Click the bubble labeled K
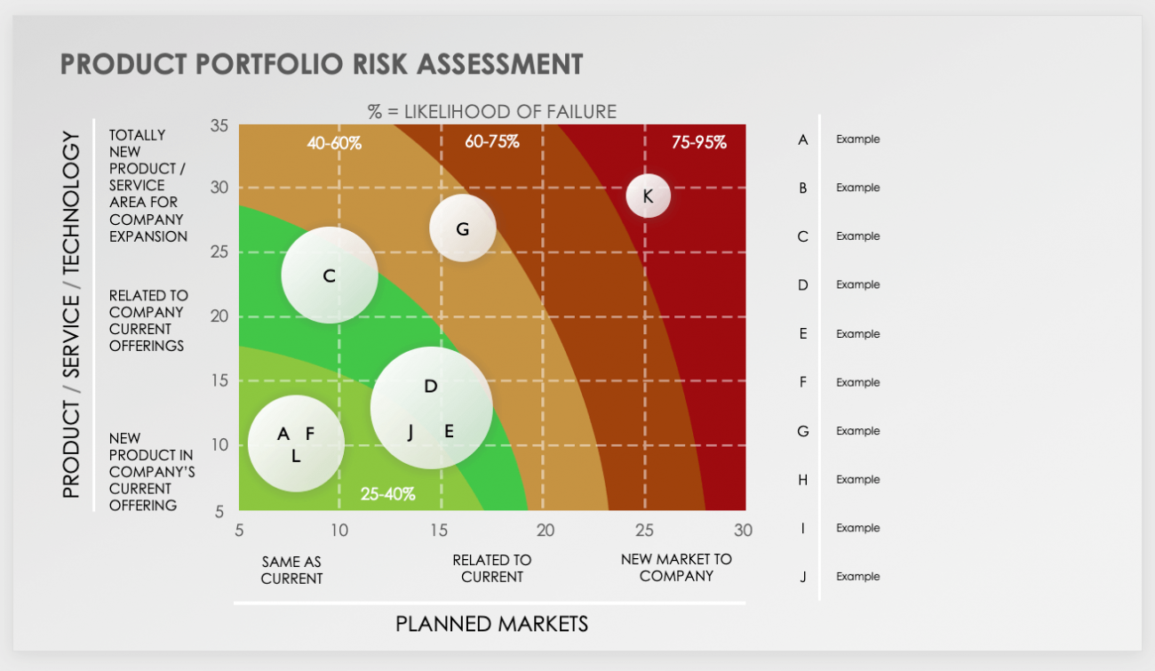click(x=648, y=196)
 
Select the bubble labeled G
click(x=462, y=228)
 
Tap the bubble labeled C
click(x=330, y=276)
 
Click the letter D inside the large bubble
click(x=431, y=386)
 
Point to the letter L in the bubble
click(x=296, y=456)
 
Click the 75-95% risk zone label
click(x=698, y=142)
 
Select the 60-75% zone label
click(x=491, y=141)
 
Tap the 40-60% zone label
click(x=334, y=142)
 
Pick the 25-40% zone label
click(x=387, y=494)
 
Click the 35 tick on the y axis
click(x=219, y=125)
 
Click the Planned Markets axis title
click(x=491, y=624)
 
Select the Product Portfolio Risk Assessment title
click(x=322, y=64)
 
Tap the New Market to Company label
click(x=676, y=567)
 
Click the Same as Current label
click(x=291, y=570)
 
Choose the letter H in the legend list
click(x=802, y=480)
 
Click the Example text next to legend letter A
click(x=857, y=140)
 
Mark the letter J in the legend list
click(x=802, y=577)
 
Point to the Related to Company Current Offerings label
click(x=148, y=320)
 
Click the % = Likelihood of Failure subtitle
click(x=492, y=111)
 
